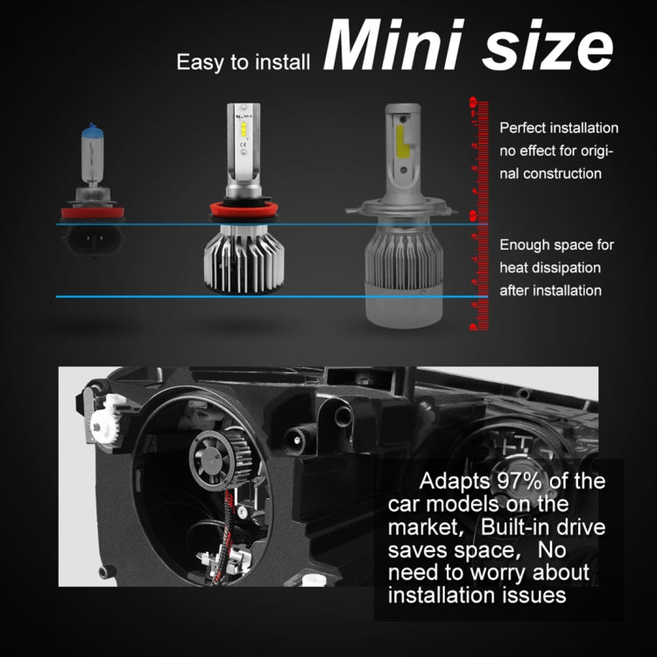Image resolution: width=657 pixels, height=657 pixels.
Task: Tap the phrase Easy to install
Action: tap(244, 62)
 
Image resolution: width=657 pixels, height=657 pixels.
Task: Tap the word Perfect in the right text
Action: tap(524, 128)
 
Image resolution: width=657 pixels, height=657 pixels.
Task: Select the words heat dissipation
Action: tap(550, 267)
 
